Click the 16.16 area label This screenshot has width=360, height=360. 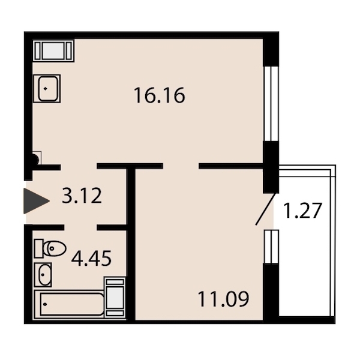(x=160, y=95)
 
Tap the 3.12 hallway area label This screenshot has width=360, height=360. (x=82, y=196)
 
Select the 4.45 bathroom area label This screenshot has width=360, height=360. (x=91, y=259)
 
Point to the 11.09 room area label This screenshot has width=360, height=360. (x=223, y=299)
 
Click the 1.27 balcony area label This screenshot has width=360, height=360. (x=302, y=211)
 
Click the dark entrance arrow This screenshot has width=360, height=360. (x=36, y=201)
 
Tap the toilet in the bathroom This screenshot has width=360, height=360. (x=50, y=248)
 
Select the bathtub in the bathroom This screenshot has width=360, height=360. (x=70, y=304)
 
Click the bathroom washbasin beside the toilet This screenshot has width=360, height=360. (x=43, y=275)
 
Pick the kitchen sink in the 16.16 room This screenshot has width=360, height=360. (x=47, y=88)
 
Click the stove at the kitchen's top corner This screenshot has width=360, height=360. (x=53, y=51)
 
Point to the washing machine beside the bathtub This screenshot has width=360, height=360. (x=115, y=298)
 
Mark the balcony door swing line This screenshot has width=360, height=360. (x=265, y=209)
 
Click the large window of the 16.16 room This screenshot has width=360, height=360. (x=271, y=104)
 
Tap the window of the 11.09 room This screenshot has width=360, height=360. (x=271, y=247)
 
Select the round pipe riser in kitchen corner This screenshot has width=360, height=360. (x=35, y=159)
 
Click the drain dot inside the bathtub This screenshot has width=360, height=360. (x=45, y=304)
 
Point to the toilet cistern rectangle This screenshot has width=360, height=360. (x=38, y=248)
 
